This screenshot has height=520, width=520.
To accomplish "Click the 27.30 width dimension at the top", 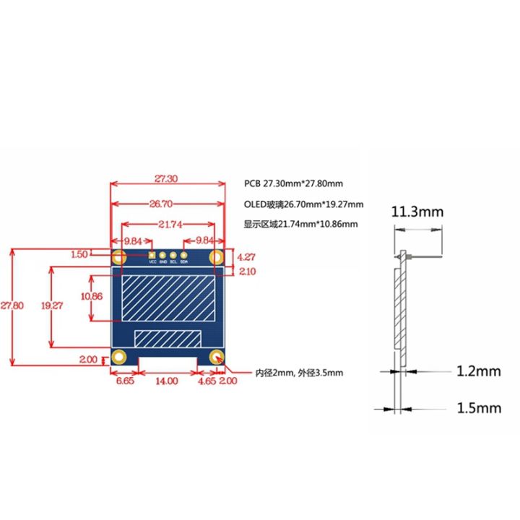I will pyautogui.click(x=166, y=177).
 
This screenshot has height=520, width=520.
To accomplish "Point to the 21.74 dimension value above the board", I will pyautogui.click(x=166, y=225).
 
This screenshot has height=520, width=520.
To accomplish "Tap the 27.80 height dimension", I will pyautogui.click(x=12, y=305).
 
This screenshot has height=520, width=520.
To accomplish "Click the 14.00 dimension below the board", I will pyautogui.click(x=166, y=381).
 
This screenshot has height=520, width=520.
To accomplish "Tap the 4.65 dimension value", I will pyautogui.click(x=207, y=381).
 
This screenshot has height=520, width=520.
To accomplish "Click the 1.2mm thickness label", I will pyautogui.click(x=478, y=372).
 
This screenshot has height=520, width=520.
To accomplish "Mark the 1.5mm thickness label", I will pyautogui.click(x=478, y=408).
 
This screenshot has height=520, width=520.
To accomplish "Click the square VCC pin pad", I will pyautogui.click(x=152, y=255).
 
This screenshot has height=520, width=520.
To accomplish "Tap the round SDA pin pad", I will pyautogui.click(x=183, y=255).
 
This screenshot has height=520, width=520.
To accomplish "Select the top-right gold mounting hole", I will pyautogui.click(x=216, y=256).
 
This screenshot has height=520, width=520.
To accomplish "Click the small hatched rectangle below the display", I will pyautogui.click(x=168, y=338).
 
